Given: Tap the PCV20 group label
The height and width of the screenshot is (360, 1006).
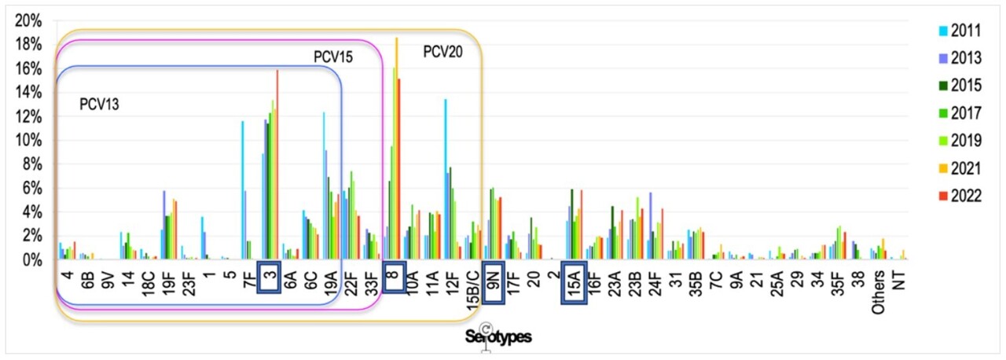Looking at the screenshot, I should pos(442,52).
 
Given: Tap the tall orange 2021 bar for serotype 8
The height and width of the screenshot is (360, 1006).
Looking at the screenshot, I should pos(397,149).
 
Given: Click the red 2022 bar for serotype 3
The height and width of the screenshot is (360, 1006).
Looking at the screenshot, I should pos(277,165).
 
